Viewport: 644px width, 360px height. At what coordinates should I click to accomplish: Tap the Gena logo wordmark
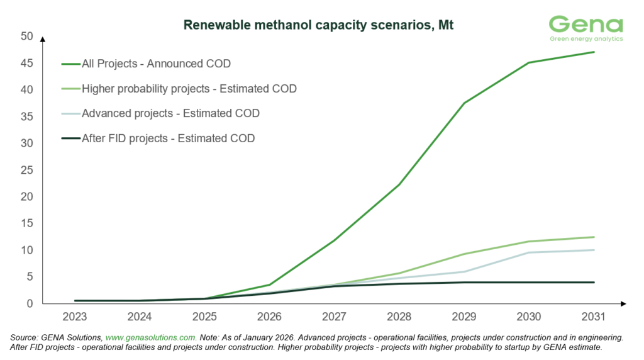[x=586, y=24]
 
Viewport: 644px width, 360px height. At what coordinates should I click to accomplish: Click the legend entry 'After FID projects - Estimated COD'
[x=169, y=138]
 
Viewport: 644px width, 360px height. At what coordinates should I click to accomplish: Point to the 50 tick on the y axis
[x=26, y=36]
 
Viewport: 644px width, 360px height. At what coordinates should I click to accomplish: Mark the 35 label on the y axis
[x=26, y=116]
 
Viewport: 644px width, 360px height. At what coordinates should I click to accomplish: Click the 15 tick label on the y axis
[x=26, y=223]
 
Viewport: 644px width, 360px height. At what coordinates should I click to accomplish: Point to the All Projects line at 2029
[x=464, y=103]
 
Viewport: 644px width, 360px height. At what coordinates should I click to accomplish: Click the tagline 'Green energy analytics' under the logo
[x=586, y=38]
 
